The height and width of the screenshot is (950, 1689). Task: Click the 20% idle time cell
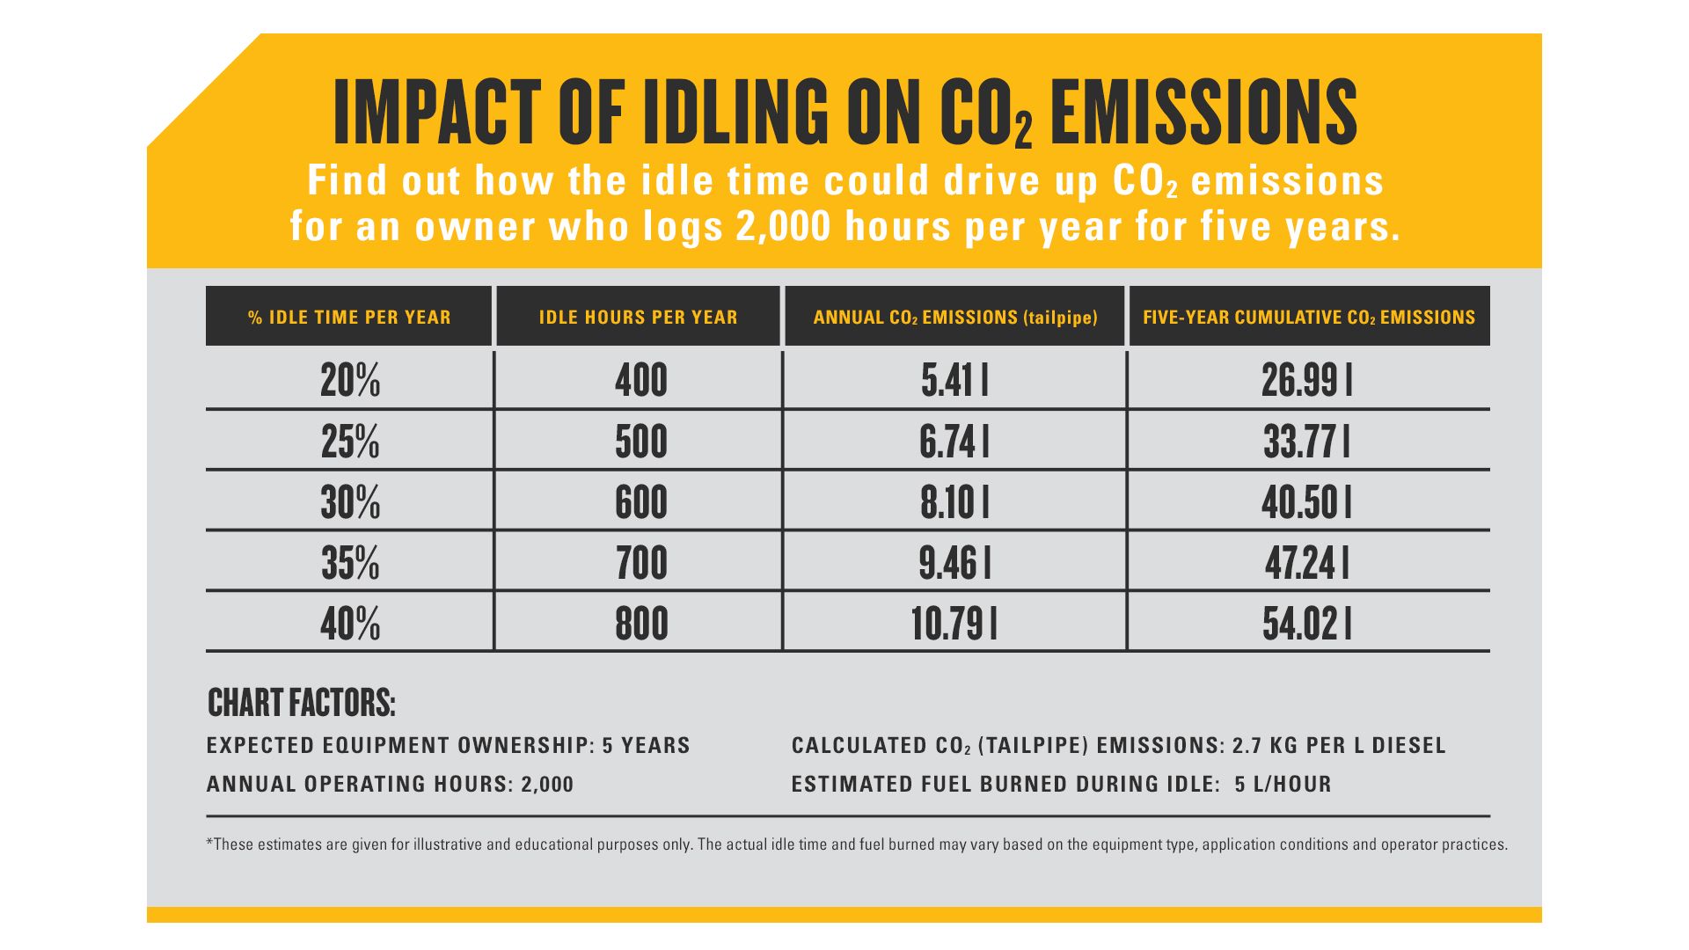click(350, 381)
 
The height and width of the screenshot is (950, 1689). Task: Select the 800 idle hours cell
click(640, 625)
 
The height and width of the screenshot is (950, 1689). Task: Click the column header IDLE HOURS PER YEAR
click(638, 318)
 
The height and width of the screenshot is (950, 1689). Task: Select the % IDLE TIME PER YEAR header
click(349, 318)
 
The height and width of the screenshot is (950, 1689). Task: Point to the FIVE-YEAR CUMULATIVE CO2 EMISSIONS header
click(1308, 318)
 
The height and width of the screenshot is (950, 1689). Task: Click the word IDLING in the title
click(735, 113)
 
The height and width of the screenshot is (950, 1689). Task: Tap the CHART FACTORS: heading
click(302, 703)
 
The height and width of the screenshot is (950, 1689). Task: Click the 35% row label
click(350, 564)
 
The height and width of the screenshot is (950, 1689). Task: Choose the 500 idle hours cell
click(640, 442)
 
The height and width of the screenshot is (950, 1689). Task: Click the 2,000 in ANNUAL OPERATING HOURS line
click(546, 785)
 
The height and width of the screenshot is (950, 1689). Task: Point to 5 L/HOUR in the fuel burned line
click(1283, 785)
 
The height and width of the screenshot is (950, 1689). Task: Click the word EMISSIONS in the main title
click(1203, 113)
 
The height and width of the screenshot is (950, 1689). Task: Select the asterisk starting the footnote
click(209, 843)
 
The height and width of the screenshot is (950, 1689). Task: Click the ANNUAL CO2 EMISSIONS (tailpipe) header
click(954, 318)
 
